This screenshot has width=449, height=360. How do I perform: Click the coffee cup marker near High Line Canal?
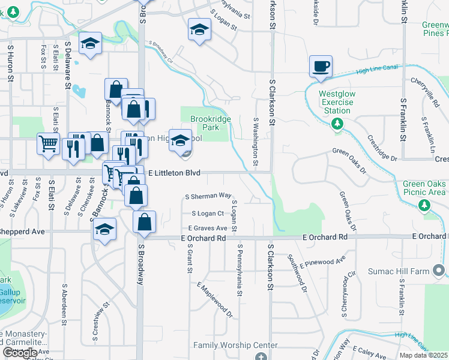coord(321,67)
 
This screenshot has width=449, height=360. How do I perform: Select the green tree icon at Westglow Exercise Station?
coord(337,124)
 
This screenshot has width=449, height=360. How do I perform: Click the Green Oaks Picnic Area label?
coord(424,188)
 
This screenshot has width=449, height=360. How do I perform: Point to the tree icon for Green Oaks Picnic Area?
coord(425,205)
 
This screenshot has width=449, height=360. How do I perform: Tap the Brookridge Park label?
coord(210,123)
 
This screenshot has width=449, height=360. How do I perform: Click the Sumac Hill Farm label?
coord(399,271)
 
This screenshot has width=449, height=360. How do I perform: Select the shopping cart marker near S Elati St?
coord(48,143)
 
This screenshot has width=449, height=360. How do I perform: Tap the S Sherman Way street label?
coord(208,196)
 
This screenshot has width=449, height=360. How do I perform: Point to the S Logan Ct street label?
coord(208,213)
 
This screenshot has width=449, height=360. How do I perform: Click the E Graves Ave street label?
coord(208,228)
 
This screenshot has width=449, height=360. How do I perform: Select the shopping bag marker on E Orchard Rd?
coord(145,222)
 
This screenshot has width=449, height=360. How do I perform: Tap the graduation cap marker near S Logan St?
coord(199,30)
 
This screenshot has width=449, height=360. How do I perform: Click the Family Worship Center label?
coord(235,345)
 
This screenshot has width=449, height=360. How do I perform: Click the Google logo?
coord(19,353)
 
